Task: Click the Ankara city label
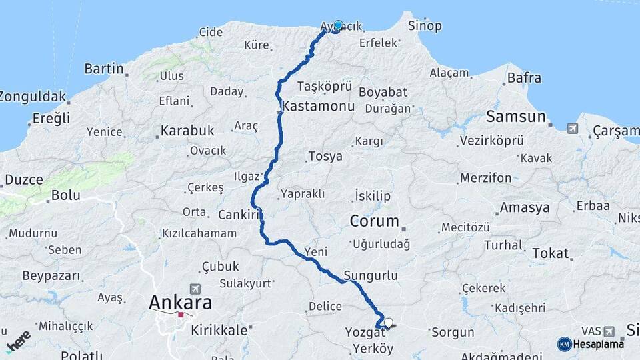(180, 303)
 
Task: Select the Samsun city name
(516, 117)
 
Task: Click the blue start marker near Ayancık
(338, 25)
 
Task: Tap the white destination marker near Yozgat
(388, 323)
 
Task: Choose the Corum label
(375, 221)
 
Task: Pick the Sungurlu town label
(371, 275)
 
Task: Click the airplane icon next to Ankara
(195, 289)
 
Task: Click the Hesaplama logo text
(599, 344)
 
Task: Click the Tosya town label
(325, 157)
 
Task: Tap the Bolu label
(67, 195)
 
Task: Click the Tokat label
(551, 253)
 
